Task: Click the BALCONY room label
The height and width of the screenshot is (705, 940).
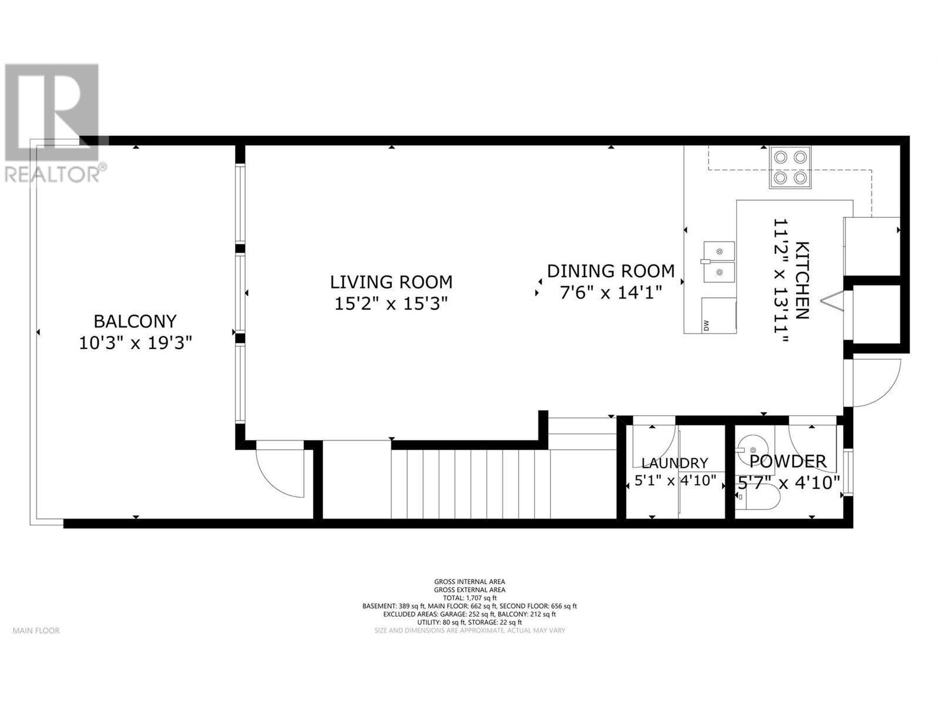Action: point(135,321)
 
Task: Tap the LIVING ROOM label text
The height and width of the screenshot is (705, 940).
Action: point(391,282)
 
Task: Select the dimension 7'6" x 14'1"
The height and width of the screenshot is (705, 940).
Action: point(610,292)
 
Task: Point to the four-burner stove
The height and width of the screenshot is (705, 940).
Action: point(790,167)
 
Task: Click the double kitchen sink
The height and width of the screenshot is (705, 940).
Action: point(719,261)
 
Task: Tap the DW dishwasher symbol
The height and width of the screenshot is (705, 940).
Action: point(706,325)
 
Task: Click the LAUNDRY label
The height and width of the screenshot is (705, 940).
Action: point(674,463)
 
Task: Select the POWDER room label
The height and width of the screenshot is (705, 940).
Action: point(788,461)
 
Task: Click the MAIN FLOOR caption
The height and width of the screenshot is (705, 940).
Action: point(36,631)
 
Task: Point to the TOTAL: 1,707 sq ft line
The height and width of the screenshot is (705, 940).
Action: point(469,597)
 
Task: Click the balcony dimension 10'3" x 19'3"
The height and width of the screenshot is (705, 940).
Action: point(136,343)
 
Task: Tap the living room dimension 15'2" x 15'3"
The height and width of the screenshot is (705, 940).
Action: point(391,304)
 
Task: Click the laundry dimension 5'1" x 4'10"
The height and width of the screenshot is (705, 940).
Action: point(675,481)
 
